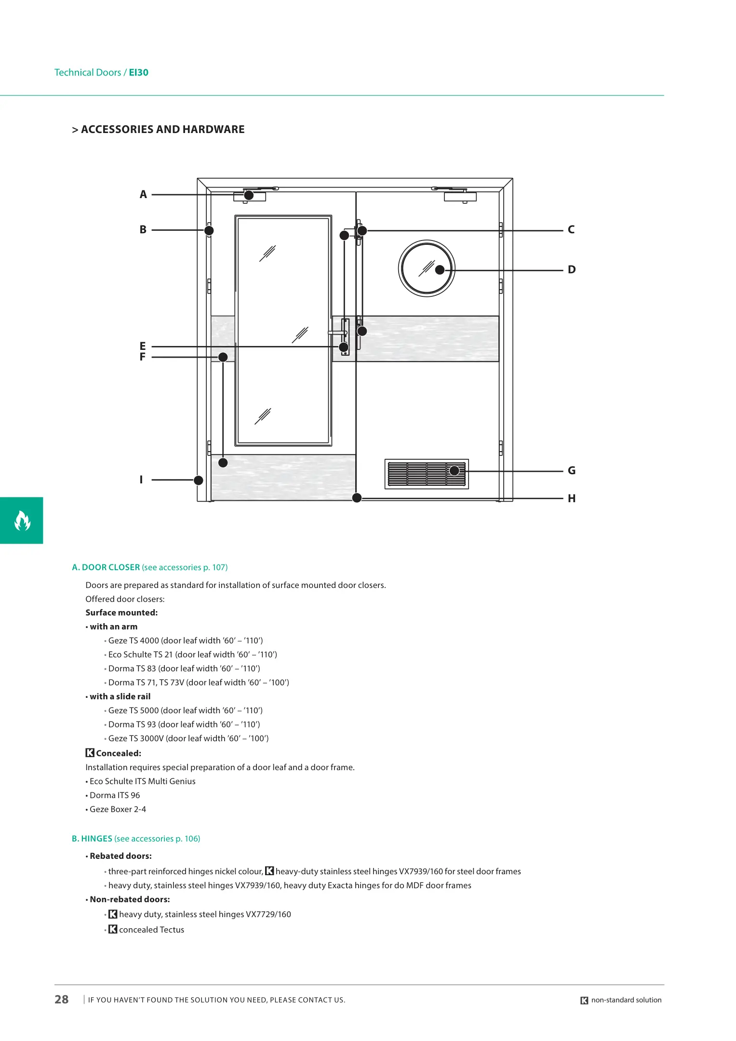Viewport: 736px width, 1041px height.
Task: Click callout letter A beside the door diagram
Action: tap(143, 195)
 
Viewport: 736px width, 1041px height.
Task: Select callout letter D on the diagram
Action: tap(572, 270)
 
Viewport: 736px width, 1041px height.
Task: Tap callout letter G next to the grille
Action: tap(572, 471)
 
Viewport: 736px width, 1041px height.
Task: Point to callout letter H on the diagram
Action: tap(572, 499)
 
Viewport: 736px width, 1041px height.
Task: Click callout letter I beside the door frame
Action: tap(141, 480)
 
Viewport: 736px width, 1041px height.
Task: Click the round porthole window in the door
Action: tap(427, 268)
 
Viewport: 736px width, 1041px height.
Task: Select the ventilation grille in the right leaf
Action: tap(427, 474)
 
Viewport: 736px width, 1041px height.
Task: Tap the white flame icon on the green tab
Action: tap(22, 520)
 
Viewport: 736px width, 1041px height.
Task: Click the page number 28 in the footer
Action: tap(62, 1000)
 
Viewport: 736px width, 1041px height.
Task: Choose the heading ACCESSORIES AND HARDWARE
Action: tap(162, 130)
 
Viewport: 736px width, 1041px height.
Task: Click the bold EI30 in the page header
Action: tap(139, 73)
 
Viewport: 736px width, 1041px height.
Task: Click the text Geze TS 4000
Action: tap(134, 641)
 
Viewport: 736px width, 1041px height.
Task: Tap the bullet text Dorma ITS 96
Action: tap(115, 796)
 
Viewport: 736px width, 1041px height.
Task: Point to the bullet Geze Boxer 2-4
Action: tap(118, 810)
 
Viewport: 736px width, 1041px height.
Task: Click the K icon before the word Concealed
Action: tap(90, 753)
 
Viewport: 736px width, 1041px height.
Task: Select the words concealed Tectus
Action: tap(151, 930)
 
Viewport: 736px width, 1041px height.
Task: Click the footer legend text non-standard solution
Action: tap(626, 1000)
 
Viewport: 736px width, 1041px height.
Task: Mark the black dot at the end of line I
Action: tap(199, 480)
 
